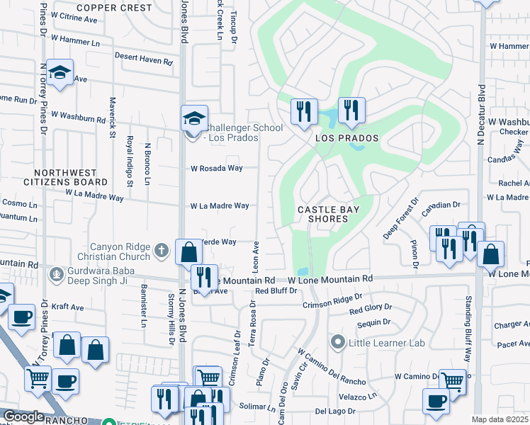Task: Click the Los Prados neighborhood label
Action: (347, 138)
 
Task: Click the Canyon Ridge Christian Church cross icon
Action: (162, 249)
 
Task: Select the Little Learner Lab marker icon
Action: (339, 343)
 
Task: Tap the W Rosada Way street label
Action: (217, 169)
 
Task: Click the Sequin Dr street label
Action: (375, 322)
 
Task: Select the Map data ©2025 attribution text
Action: (500, 419)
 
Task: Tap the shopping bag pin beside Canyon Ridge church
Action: (189, 251)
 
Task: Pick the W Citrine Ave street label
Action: (74, 19)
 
